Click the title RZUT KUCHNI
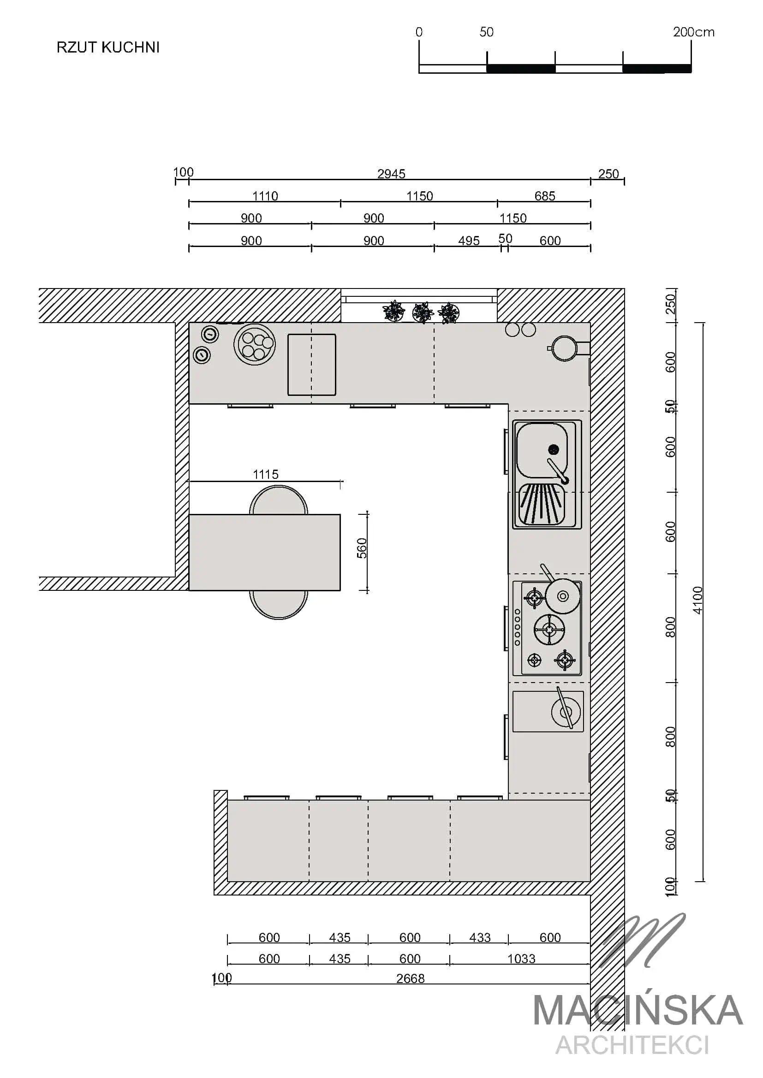(108, 47)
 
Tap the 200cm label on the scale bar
(693, 32)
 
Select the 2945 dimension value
(391, 174)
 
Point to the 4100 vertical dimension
(697, 600)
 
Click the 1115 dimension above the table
(266, 474)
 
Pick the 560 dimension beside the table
(362, 548)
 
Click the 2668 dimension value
(410, 978)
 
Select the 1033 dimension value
(521, 959)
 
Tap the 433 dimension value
(480, 937)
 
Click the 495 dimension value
(469, 241)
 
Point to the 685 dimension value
(545, 196)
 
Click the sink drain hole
(554, 449)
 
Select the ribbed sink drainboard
(541, 505)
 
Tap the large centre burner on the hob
(549, 630)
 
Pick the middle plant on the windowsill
(423, 312)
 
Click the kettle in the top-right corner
(564, 348)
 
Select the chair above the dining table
(279, 500)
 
